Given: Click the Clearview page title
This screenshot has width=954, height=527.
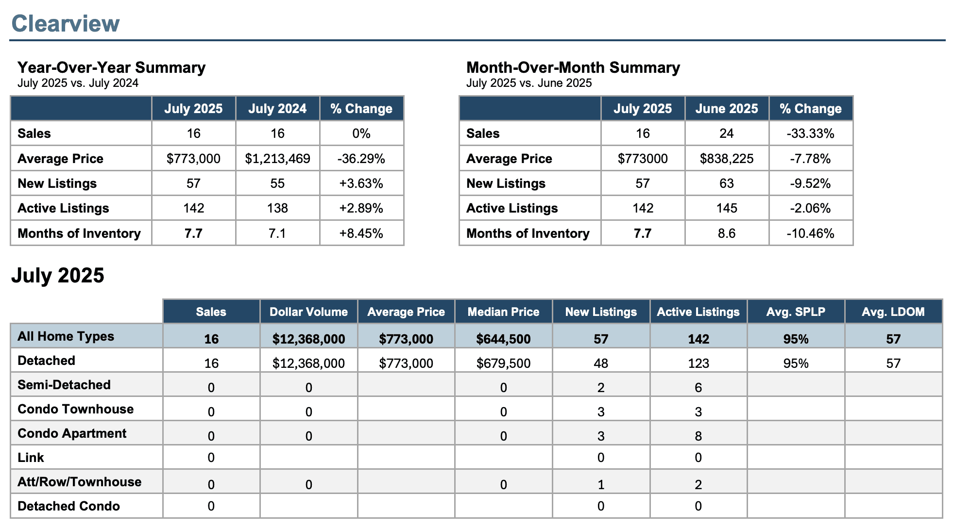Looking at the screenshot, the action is click(66, 23).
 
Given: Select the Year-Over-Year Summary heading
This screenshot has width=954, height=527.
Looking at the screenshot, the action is click(112, 67).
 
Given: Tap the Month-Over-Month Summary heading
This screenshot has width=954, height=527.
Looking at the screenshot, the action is click(573, 67).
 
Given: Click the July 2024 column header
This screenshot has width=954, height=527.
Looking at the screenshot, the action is click(277, 108).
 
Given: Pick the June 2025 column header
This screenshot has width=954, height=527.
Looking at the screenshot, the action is click(727, 108).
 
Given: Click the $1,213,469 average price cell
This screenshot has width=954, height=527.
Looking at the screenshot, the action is click(277, 159).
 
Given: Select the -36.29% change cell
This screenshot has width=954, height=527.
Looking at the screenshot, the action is click(361, 159).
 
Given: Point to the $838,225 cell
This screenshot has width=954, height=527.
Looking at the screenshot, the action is click(727, 159).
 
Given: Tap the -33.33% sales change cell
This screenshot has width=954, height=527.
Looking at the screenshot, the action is click(811, 133).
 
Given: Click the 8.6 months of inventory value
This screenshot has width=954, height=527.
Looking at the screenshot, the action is click(727, 233).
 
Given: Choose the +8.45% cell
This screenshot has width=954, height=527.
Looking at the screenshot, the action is click(361, 233).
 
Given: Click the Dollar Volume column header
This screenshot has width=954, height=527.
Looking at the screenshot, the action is click(309, 312).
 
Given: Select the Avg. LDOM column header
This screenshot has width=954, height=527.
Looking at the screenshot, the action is click(893, 312).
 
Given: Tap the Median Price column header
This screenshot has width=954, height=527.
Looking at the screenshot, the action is click(504, 312).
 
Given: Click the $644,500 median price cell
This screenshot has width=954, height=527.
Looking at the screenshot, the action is click(504, 339).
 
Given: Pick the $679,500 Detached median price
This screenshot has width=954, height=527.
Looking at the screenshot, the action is click(504, 363).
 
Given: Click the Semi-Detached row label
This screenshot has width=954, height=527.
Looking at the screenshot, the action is click(64, 385).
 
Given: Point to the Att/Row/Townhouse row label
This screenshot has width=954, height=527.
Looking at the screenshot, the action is click(80, 482).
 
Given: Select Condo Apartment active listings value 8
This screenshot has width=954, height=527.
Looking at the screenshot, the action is click(698, 436).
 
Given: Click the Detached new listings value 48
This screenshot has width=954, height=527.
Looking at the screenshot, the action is click(601, 363).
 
